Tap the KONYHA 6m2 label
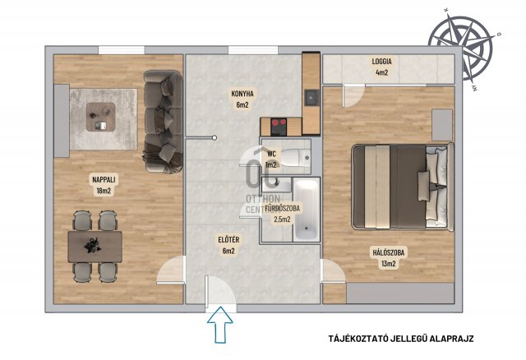(x=242, y=99)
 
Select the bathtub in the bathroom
(x=306, y=210)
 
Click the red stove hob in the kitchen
(x=279, y=127)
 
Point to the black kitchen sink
(x=311, y=98)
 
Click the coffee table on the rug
(x=100, y=117)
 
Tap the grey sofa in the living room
(x=164, y=122)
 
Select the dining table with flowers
(x=95, y=247)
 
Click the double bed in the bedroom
(x=403, y=187)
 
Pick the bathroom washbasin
(x=277, y=184)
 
